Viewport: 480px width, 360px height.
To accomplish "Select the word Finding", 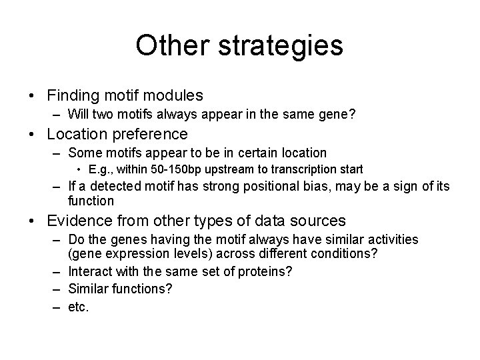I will click(x=73, y=97).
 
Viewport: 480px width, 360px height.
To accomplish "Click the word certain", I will click(x=257, y=153).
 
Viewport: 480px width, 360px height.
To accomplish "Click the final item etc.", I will click(x=78, y=307).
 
